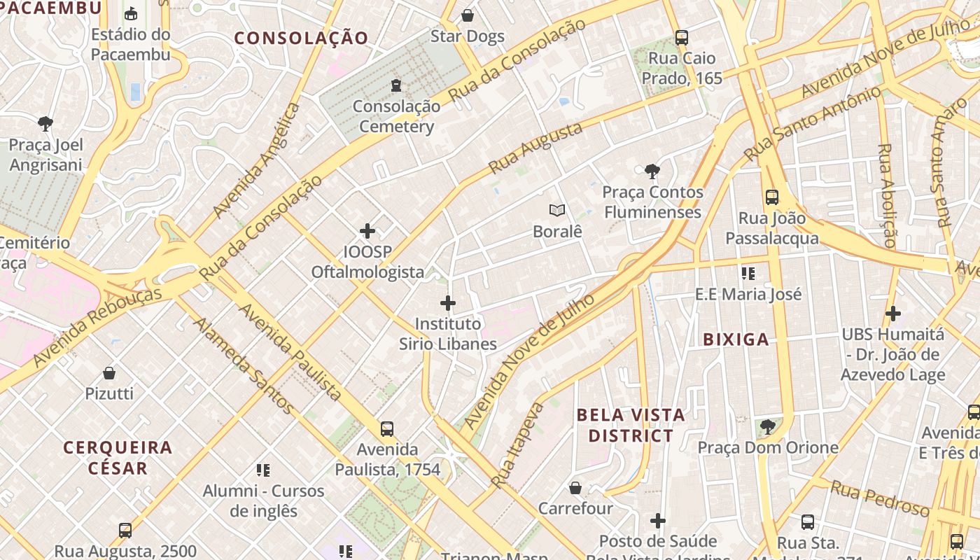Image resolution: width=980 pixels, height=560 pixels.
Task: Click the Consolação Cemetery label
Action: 396,117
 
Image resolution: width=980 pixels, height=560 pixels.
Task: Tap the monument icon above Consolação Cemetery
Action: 396,85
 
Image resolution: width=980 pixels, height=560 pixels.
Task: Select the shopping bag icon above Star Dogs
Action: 468,15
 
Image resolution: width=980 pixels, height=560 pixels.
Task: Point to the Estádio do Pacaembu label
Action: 131,44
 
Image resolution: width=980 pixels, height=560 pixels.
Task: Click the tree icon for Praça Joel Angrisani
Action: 45,125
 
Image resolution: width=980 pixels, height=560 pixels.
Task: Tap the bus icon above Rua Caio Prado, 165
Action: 682,37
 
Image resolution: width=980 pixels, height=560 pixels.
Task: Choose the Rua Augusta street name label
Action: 535,148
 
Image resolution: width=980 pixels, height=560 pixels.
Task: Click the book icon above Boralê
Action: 557,210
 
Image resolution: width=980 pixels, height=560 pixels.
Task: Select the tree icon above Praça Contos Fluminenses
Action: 652,171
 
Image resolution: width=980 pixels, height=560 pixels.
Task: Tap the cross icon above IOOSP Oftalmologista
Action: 367,231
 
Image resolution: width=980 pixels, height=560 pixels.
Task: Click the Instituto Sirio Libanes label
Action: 448,334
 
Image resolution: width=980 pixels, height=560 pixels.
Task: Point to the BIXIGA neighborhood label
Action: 736,340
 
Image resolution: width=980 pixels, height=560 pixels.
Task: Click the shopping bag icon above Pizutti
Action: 109,373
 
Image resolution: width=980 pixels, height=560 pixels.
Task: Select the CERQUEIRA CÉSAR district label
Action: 118,458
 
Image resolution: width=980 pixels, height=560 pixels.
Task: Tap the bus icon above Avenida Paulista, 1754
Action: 387,428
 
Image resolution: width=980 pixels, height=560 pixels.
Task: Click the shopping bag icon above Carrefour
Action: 575,488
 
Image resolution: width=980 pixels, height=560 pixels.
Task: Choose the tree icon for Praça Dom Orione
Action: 768,426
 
